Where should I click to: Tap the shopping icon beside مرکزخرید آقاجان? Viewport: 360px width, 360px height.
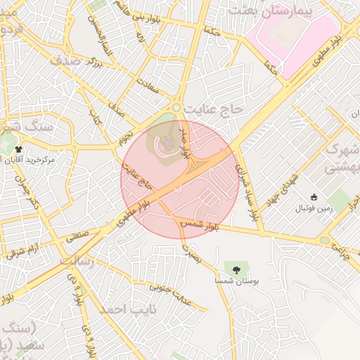(x=18, y=149)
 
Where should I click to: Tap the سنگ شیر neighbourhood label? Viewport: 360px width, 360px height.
(x=25, y=127)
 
